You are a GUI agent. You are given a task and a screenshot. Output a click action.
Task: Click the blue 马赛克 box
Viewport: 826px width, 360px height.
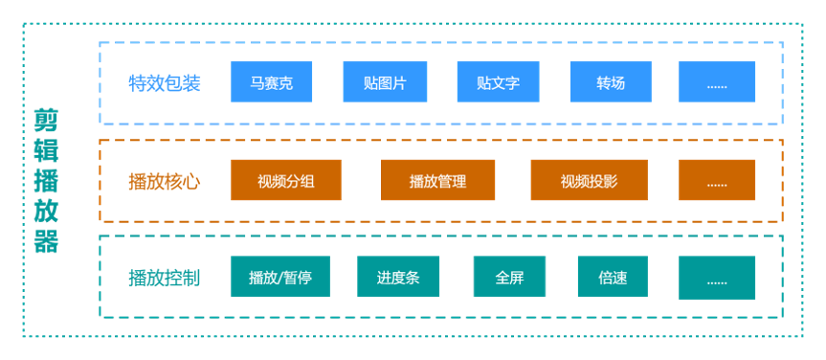click(x=272, y=82)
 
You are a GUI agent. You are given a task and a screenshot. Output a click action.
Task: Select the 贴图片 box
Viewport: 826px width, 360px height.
click(x=385, y=82)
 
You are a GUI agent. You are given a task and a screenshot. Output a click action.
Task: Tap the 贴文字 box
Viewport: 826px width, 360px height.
click(x=498, y=82)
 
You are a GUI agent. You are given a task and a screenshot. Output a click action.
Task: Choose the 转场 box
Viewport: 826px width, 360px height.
click(x=611, y=82)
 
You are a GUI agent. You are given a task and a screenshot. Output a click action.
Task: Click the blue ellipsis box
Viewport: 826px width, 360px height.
click(x=717, y=82)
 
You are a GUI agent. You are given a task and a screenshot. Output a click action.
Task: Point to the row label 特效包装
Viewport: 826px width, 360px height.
click(x=164, y=83)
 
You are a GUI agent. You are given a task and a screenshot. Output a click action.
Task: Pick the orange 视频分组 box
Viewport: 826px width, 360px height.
click(x=286, y=180)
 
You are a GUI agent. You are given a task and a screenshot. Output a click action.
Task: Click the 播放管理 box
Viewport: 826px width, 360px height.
click(x=437, y=180)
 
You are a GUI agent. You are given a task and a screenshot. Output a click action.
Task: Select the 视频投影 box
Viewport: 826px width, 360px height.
click(x=589, y=180)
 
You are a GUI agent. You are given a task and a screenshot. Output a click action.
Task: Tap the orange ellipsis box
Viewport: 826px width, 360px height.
click(x=717, y=180)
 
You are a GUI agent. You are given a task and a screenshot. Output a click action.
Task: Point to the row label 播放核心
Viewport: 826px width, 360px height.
click(x=164, y=181)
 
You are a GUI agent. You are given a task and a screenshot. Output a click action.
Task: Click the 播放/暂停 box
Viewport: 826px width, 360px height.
click(x=279, y=278)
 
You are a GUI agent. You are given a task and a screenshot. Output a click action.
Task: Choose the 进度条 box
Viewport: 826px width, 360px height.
click(x=398, y=278)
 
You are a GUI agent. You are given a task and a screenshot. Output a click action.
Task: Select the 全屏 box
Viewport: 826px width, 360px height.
click(x=509, y=278)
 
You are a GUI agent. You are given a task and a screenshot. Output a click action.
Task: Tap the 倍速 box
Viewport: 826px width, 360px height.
click(x=613, y=278)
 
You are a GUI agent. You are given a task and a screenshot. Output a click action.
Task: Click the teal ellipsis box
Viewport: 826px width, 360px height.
click(x=717, y=278)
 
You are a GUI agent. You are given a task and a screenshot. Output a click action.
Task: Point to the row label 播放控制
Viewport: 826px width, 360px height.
click(x=164, y=279)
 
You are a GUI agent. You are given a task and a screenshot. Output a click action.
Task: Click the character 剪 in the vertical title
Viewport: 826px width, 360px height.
click(x=46, y=120)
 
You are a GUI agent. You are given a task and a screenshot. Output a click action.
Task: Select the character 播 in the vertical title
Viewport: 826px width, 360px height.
click(x=46, y=180)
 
